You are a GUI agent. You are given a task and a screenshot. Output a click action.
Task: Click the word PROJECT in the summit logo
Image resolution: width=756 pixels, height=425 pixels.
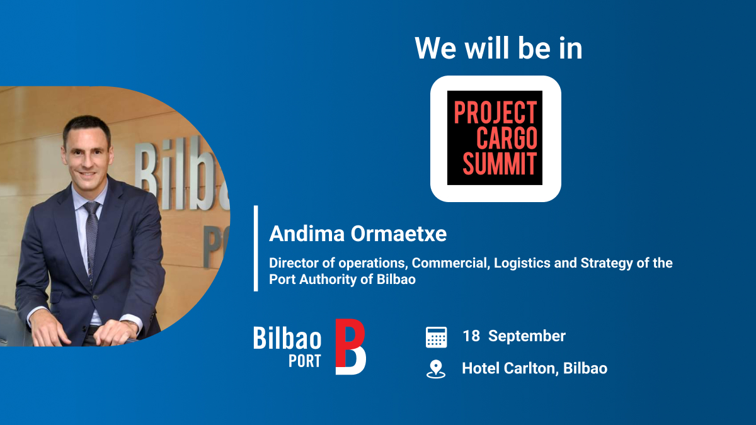click(495, 113)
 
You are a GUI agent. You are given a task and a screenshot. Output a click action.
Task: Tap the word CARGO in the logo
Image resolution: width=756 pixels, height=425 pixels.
click(506, 138)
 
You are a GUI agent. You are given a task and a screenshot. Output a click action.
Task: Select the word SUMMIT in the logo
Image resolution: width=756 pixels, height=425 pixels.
click(499, 162)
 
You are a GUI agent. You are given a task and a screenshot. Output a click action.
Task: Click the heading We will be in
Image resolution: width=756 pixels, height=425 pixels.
click(498, 48)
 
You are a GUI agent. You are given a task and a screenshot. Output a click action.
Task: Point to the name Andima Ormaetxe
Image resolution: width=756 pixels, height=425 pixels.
click(357, 234)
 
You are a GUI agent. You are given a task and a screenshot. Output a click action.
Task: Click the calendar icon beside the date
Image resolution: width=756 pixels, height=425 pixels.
click(436, 337)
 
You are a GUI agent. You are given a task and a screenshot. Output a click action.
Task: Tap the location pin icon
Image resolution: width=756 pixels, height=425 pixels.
click(436, 369)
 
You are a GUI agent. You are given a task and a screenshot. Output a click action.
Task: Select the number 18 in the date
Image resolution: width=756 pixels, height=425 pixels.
click(471, 336)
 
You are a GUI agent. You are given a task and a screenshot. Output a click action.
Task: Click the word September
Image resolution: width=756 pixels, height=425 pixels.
click(527, 336)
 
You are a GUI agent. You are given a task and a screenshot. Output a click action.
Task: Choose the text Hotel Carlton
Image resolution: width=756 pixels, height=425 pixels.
click(509, 368)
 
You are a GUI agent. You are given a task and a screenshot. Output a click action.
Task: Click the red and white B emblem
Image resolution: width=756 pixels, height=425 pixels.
click(350, 347)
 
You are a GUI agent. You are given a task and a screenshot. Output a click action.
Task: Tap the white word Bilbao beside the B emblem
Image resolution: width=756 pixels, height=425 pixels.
click(287, 338)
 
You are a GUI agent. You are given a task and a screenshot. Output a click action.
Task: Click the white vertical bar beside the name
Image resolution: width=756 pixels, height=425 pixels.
click(256, 248)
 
